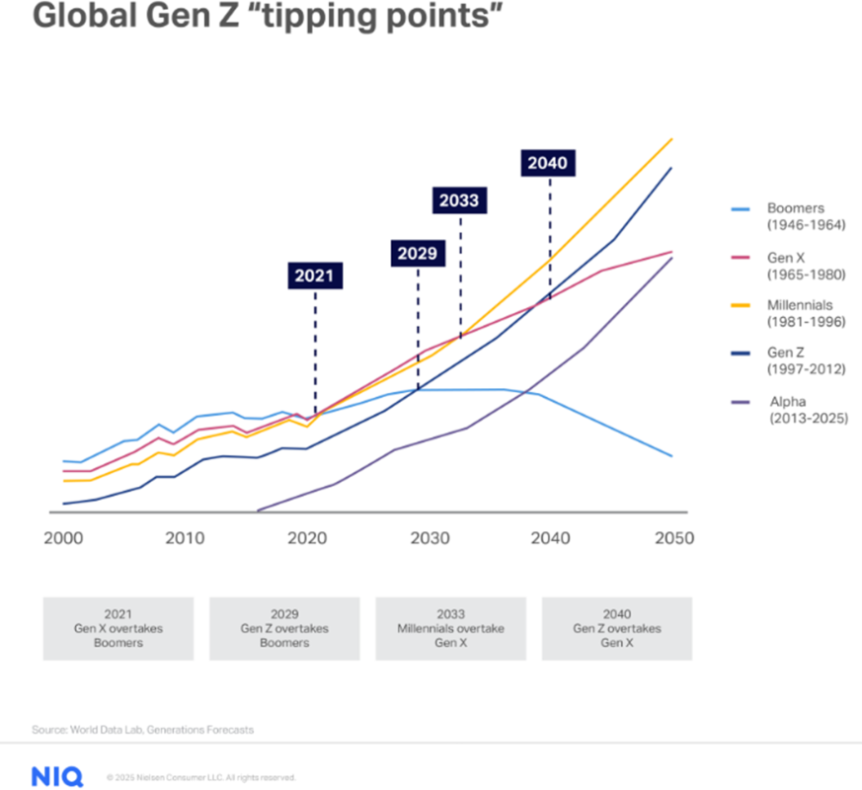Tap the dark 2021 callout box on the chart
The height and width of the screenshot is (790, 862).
pos(315,276)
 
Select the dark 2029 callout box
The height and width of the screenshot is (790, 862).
pos(418,253)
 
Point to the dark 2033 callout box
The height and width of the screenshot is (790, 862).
pos(459,200)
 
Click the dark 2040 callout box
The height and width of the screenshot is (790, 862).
pos(548,163)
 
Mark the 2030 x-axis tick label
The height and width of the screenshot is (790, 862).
pos(428,539)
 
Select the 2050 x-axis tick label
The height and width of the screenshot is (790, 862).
pos(672,539)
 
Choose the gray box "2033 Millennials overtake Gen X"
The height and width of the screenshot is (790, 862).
pos(451,628)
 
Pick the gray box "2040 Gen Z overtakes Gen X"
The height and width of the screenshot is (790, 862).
pos(617,628)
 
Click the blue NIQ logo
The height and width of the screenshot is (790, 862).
pos(56,776)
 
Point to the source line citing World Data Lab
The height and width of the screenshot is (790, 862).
pos(143,730)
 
